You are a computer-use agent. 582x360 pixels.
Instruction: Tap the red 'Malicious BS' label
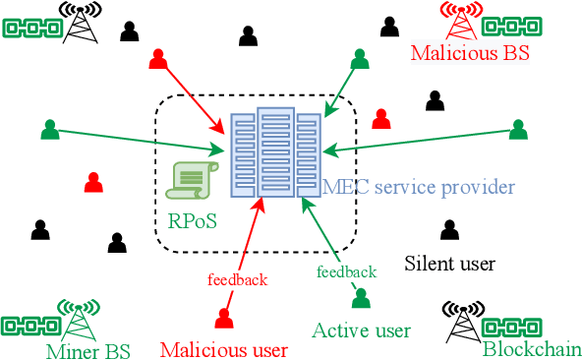coord(469,53)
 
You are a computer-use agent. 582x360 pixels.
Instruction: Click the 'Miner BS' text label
coord(87,348)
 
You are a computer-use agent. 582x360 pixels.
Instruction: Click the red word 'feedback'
coord(237,280)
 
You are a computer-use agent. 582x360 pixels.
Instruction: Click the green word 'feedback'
coord(345,271)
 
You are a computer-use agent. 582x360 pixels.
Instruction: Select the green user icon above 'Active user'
coord(362,296)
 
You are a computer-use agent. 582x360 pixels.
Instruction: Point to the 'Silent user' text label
coord(449,264)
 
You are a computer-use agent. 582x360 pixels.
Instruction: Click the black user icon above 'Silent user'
coord(449,230)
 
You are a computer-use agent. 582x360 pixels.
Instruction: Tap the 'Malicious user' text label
coord(223,348)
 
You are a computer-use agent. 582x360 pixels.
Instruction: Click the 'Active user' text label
coord(360,330)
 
